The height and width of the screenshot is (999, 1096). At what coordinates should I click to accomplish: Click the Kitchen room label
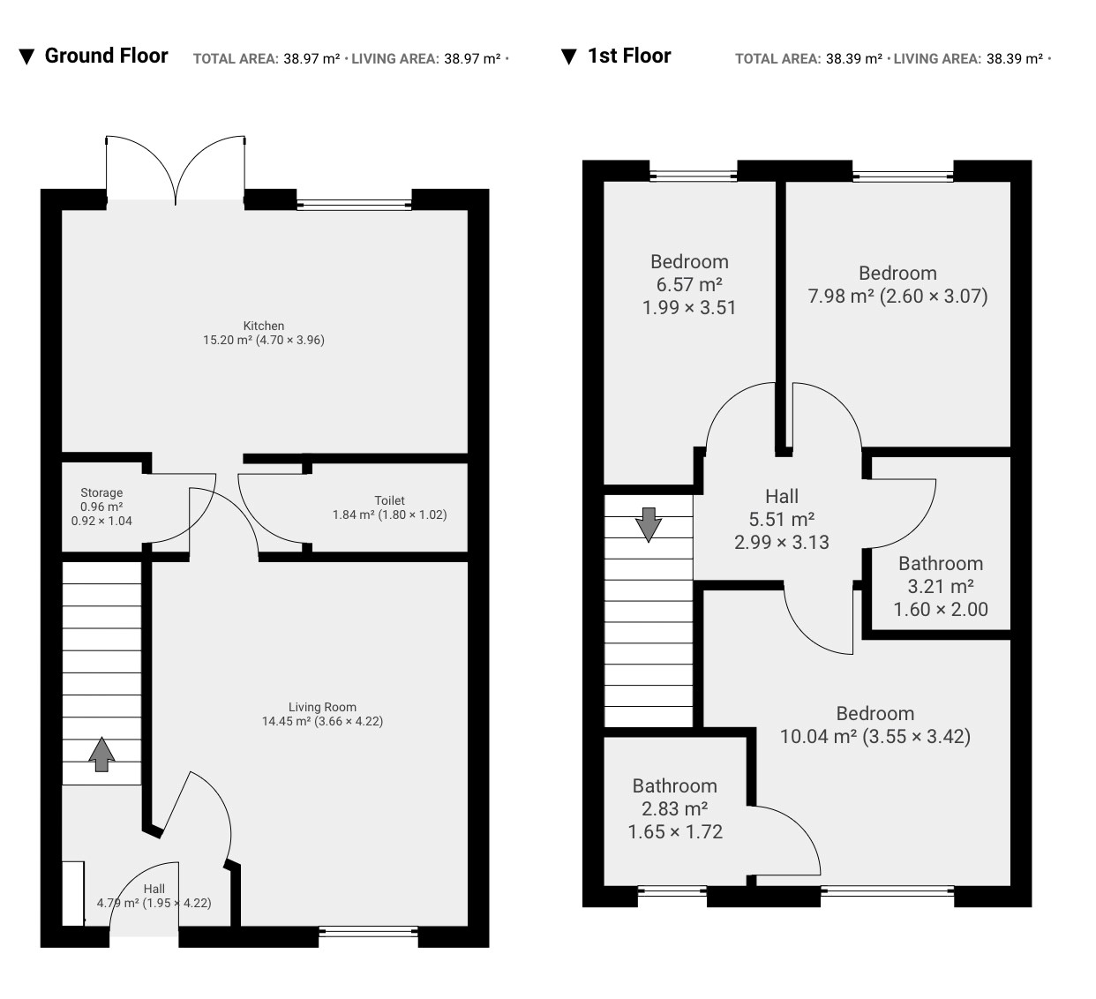click(x=263, y=333)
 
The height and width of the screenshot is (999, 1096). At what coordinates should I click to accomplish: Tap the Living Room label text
click(x=322, y=714)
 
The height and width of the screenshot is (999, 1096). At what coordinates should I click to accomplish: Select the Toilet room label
click(x=389, y=507)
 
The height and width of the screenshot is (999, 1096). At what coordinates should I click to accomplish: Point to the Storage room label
click(x=101, y=507)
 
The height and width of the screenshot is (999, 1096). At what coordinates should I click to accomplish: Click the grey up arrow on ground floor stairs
click(x=101, y=755)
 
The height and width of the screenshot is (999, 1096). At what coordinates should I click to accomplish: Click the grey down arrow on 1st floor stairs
click(x=649, y=524)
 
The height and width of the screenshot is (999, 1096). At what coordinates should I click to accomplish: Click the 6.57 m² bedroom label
click(x=689, y=285)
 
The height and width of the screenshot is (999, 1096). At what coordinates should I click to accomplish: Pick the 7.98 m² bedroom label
click(x=897, y=285)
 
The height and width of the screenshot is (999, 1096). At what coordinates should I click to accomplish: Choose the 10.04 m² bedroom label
click(x=875, y=725)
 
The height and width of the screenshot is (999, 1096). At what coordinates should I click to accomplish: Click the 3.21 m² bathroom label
click(x=941, y=586)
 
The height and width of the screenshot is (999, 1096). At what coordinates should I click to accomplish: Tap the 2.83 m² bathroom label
click(x=675, y=808)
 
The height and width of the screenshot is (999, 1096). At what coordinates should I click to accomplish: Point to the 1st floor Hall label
click(x=782, y=519)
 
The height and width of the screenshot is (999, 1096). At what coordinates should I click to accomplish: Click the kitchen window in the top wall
click(x=354, y=205)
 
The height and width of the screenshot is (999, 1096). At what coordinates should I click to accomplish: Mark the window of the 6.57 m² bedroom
click(x=694, y=176)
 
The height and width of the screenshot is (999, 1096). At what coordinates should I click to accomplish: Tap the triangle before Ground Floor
click(x=26, y=56)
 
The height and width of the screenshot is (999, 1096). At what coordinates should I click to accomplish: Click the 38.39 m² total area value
click(x=853, y=58)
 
